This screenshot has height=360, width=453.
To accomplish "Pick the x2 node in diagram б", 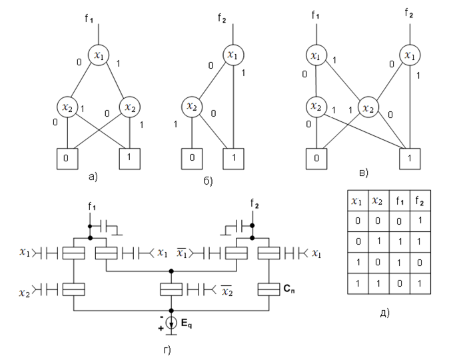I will tap(193, 106).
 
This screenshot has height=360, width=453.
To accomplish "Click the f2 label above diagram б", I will tap(230, 20).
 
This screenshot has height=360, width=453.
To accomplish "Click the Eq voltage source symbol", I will tap(171, 321).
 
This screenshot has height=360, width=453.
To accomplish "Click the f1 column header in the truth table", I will tap(400, 198).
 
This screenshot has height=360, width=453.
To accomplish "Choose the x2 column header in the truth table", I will tap(378, 198).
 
